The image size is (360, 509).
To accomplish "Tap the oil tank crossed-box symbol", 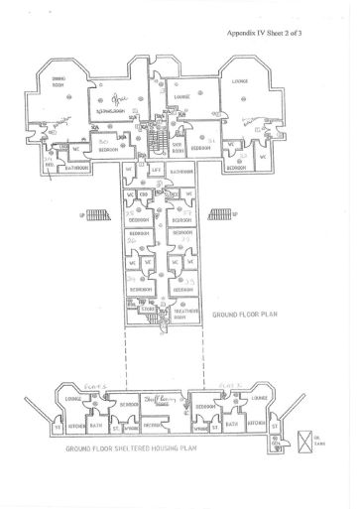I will tap(306, 437).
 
